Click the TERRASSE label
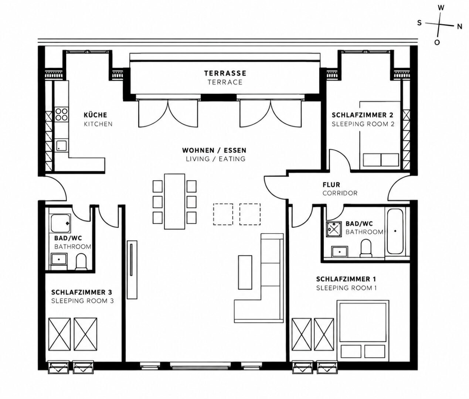[225, 73]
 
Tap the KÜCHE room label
[95, 115]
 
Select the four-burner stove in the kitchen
[62, 115]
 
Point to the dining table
[174, 201]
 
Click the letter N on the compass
[459, 27]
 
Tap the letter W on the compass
[441, 8]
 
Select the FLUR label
[331, 185]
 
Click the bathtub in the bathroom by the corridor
[395, 231]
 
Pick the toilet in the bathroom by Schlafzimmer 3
[81, 262]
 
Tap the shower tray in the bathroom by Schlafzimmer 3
[61, 223]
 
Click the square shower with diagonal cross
[334, 229]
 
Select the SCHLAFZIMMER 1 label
[346, 279]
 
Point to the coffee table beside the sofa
[245, 272]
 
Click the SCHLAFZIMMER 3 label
[82, 292]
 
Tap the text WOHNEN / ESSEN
[214, 150]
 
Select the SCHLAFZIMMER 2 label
[362, 115]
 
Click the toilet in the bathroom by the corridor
[366, 248]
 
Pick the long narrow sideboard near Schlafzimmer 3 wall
[132, 270]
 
